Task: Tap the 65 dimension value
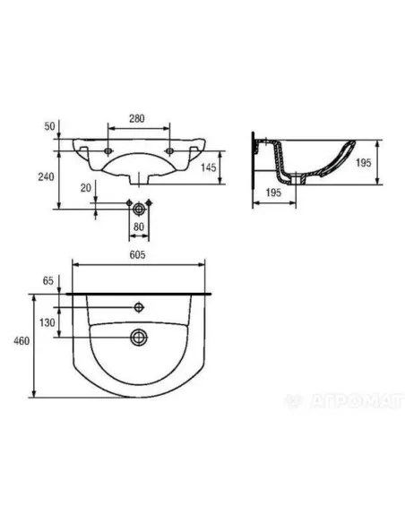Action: [x=48, y=281]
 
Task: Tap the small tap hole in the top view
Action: [x=138, y=307]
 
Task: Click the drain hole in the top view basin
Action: [x=138, y=337]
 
